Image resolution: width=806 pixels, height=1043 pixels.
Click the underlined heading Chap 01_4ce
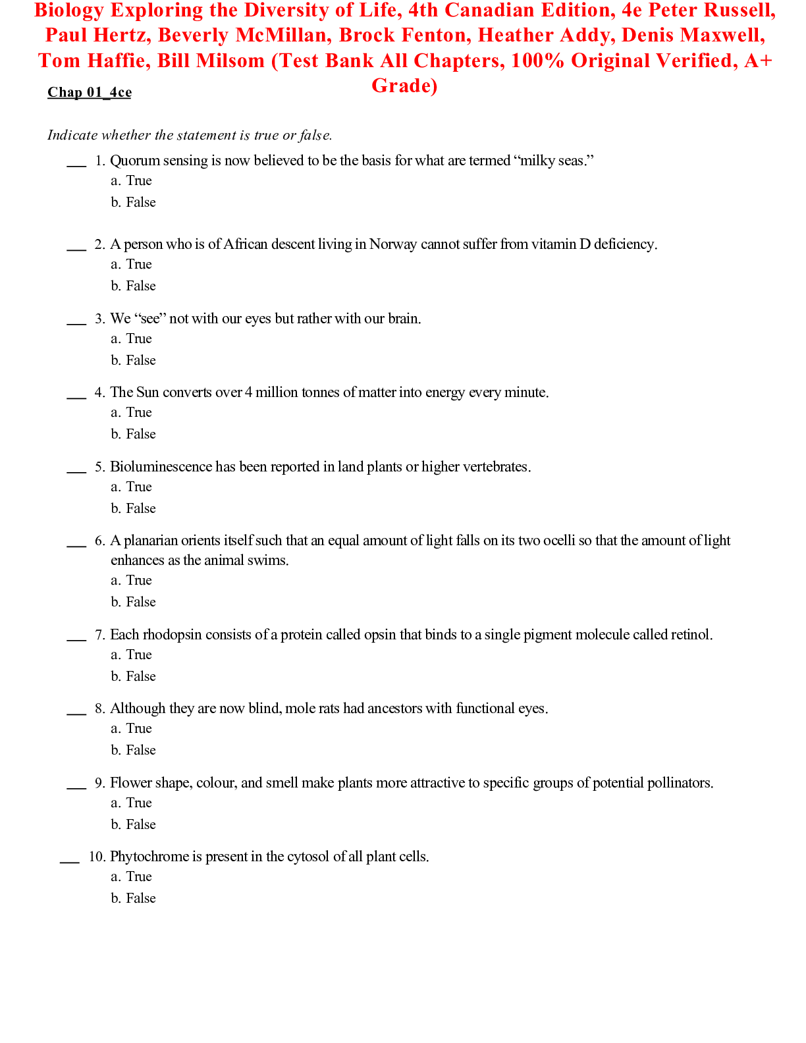tap(90, 92)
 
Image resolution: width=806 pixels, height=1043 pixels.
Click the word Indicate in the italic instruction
tap(72, 135)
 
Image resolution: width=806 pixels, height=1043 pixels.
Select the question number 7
tap(99, 635)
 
